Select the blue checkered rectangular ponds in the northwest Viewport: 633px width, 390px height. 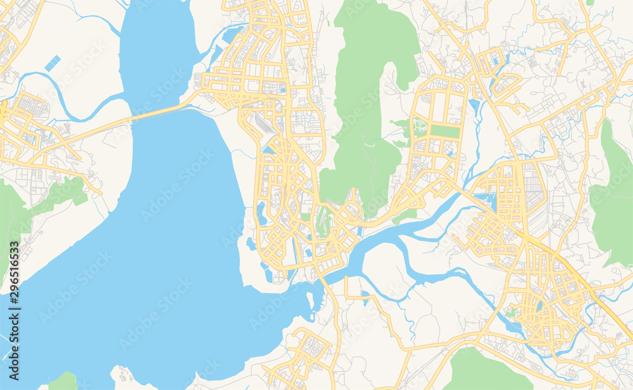click(52, 63)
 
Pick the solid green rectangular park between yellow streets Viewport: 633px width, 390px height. click(444, 131)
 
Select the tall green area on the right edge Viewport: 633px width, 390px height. click(613, 196)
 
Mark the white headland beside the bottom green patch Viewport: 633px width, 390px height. click(123, 377)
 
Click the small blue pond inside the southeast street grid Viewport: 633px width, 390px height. click(539, 306)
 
